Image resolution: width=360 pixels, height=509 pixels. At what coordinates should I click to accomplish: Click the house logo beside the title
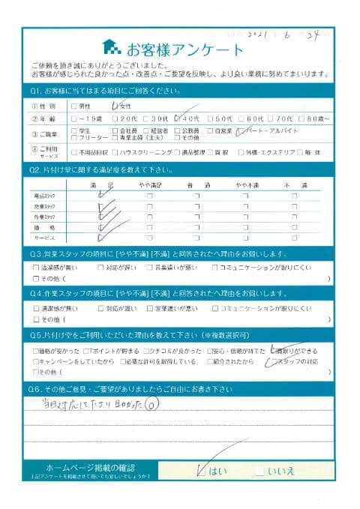coord(110,49)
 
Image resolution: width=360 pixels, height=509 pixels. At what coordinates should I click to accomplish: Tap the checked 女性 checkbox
coord(114,106)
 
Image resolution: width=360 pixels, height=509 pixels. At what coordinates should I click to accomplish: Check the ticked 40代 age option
coord(177,118)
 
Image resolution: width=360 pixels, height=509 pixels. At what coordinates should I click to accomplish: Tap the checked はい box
coord(200,472)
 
